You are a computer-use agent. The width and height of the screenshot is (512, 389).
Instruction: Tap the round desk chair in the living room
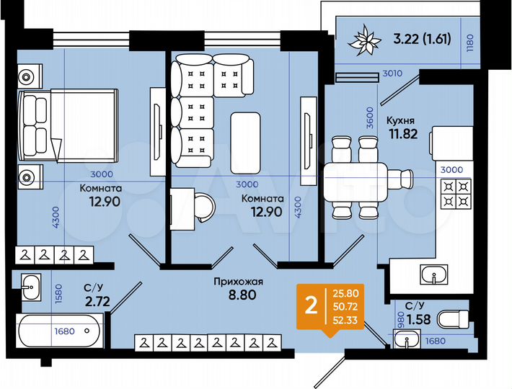(204, 207)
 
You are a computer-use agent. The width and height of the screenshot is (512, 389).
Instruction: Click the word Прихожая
(233, 282)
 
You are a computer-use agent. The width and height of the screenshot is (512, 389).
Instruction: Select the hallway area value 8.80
(234, 295)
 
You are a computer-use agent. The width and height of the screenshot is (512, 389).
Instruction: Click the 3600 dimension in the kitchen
(368, 117)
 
